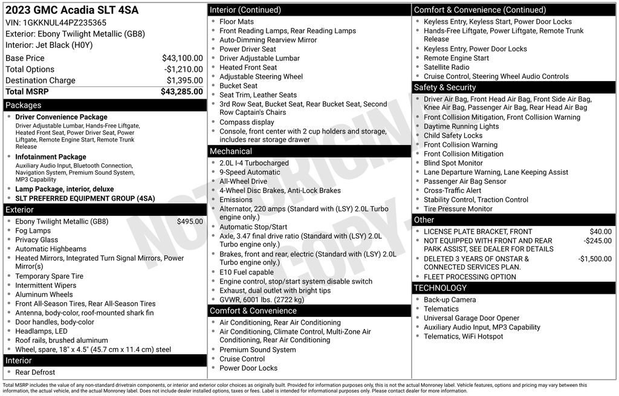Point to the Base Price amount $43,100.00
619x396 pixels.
(182, 58)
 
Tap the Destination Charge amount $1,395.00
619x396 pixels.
(184, 80)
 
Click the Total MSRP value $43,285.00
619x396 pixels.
(181, 92)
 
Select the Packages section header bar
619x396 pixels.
(104, 105)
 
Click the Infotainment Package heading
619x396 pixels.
(51, 157)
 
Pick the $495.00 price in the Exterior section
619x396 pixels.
(190, 221)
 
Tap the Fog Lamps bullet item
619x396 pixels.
(33, 231)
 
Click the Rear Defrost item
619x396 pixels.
(35, 372)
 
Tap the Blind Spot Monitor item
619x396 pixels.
(453, 163)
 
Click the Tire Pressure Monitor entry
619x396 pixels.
(458, 209)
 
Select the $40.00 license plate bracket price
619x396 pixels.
(600, 232)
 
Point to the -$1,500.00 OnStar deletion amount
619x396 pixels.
(595, 259)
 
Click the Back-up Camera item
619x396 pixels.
(450, 300)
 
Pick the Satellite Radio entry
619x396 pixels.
(447, 67)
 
